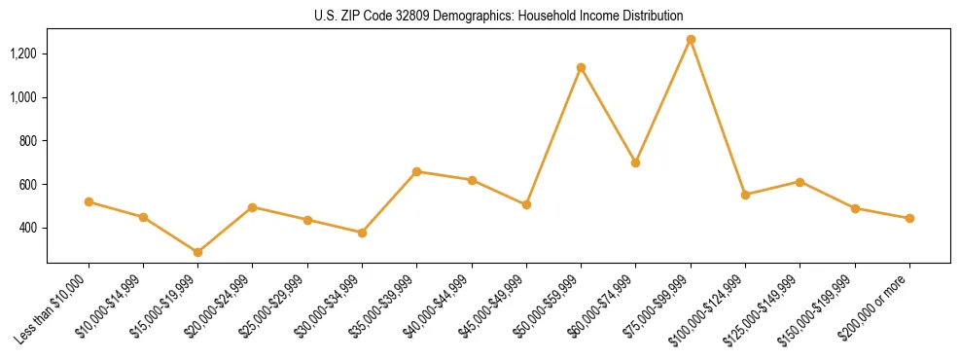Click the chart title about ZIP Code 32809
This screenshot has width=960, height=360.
coord(498,16)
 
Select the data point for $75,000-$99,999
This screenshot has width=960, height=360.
coord(691,40)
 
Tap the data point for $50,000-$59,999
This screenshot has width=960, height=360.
coord(581,68)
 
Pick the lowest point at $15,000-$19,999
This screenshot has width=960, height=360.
coord(197,252)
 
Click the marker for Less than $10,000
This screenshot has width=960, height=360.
coord(89,201)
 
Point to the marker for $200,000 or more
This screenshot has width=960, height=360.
coord(909,218)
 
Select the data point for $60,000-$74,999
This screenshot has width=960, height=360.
coord(635,162)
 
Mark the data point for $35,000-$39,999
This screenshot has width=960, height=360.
coord(416,171)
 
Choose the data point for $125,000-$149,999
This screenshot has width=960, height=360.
coord(800,182)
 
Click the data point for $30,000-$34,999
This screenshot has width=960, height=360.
coord(362,233)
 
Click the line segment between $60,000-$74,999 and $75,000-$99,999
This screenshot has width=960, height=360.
coord(663,101)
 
